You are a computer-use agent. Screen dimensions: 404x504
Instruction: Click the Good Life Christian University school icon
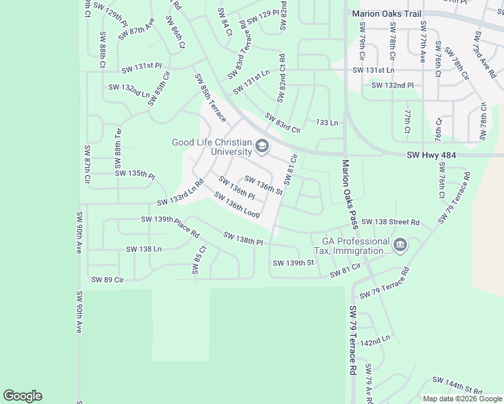[x=262, y=147]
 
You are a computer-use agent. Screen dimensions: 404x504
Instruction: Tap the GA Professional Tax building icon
[x=400, y=246]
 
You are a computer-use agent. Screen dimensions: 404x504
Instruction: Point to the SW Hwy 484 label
[x=432, y=156]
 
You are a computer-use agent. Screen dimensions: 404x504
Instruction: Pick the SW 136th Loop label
[x=237, y=205]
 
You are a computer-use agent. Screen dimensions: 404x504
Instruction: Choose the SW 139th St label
[x=294, y=263]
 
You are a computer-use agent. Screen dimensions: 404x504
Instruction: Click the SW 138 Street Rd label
[x=390, y=222]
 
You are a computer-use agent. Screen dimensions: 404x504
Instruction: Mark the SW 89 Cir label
[x=108, y=279]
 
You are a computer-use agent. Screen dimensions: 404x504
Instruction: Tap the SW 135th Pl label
[x=135, y=174]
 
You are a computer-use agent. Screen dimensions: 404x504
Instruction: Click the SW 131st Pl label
[x=141, y=67]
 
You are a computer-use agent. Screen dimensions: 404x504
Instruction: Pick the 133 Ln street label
[x=326, y=123]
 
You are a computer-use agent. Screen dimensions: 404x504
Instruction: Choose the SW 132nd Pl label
[x=392, y=86]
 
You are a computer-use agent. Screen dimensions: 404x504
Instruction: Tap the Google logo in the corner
[x=22, y=396]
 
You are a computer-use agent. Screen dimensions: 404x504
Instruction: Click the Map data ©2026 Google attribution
[x=462, y=399]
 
